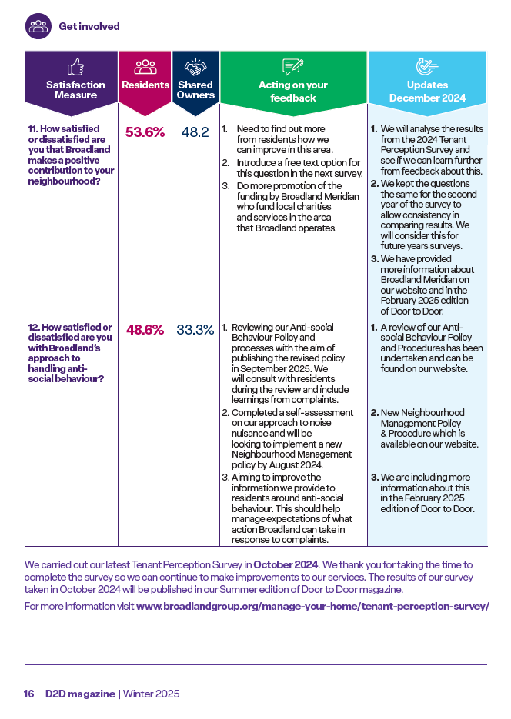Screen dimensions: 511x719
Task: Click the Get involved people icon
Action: click(38, 26)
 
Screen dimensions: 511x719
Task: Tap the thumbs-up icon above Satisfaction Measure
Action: click(75, 67)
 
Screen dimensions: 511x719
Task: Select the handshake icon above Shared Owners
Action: click(195, 67)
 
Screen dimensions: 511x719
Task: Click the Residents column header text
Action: click(145, 85)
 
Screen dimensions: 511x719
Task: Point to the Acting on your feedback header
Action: click(293, 92)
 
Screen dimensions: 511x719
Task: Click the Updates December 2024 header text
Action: click(428, 92)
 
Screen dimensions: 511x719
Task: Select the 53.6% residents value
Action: click(145, 132)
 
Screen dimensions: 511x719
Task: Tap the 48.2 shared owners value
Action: click(195, 132)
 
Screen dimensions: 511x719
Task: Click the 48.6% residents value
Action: click(145, 330)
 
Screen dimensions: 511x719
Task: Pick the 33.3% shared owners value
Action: click(195, 330)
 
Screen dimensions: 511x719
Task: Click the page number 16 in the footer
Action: click(29, 694)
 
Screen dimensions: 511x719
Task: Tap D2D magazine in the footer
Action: click(80, 694)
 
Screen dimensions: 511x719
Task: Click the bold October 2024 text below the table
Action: click(286, 564)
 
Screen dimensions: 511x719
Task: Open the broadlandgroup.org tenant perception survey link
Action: click(313, 606)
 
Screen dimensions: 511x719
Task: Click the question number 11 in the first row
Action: click(33, 129)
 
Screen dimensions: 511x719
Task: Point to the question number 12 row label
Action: click(70, 353)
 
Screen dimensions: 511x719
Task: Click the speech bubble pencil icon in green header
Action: click(293, 67)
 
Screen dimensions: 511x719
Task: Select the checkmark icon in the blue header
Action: click(427, 67)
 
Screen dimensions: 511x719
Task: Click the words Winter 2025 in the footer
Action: click(152, 694)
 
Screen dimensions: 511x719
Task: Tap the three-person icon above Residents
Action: click(145, 67)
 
